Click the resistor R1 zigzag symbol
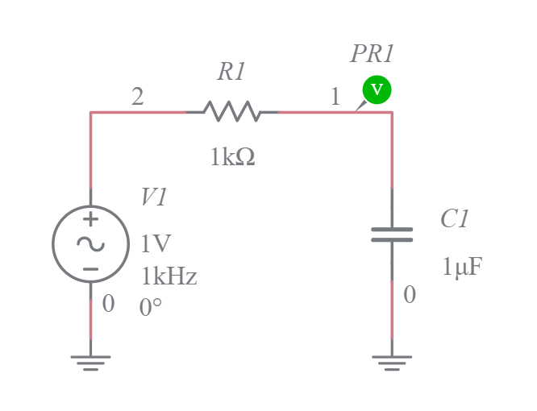click(232, 111)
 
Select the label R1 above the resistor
click(231, 73)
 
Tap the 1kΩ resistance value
click(232, 158)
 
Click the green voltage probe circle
click(377, 89)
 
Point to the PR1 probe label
click(372, 55)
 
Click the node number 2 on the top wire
click(138, 98)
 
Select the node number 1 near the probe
click(335, 98)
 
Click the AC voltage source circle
click(90, 243)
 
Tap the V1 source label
click(154, 198)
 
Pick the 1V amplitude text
click(156, 244)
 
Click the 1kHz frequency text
click(169, 277)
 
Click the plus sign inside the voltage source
click(90, 219)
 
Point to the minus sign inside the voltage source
click(90, 268)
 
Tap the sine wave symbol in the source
click(90, 243)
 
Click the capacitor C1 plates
click(392, 235)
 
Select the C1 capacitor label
click(455, 219)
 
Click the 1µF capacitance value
click(461, 268)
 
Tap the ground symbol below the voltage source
click(90, 362)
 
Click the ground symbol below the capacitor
click(392, 362)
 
